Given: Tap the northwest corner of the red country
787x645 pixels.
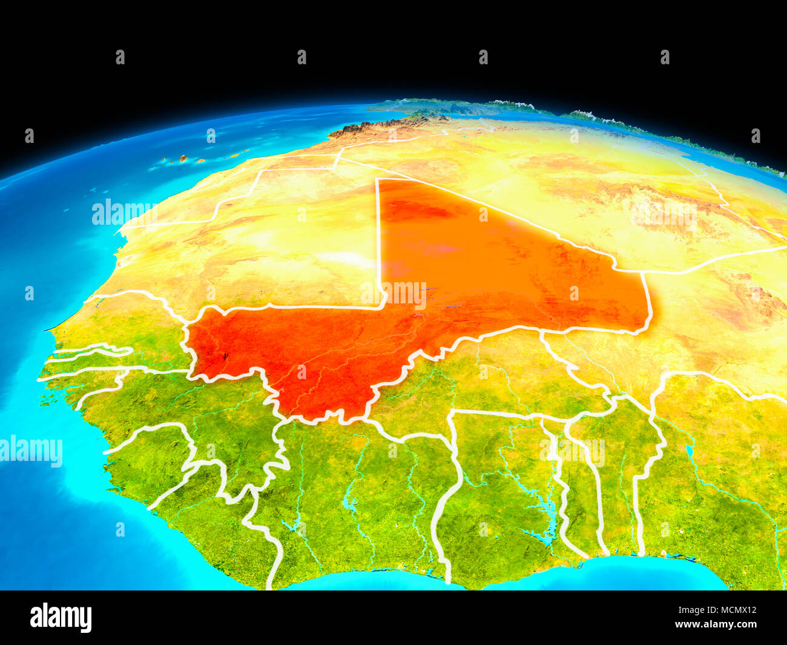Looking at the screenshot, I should [378, 180].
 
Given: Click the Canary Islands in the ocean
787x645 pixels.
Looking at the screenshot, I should [182, 159].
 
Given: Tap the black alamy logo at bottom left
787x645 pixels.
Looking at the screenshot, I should [61, 617].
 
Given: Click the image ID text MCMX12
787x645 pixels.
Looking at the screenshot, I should [733, 610].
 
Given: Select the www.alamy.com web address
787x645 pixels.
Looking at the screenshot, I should [716, 624].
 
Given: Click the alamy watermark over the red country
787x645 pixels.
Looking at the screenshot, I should [394, 294].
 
